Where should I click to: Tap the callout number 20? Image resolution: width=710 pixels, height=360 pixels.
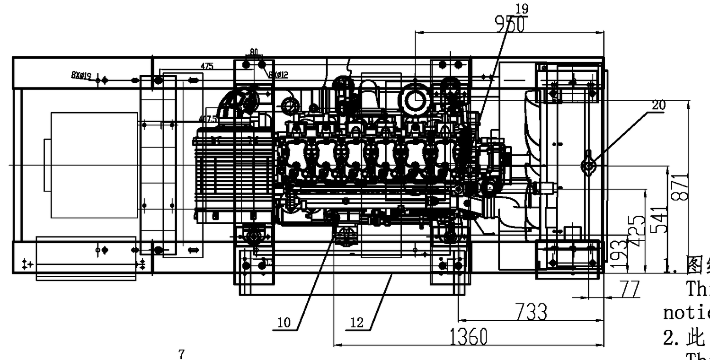[658, 105]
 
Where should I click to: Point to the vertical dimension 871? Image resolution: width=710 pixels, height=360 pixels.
[680, 187]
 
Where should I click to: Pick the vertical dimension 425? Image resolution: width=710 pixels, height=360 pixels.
[638, 231]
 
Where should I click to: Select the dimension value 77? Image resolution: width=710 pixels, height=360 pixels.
[630, 289]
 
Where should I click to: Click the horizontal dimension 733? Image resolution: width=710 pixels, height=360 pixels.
[531, 312]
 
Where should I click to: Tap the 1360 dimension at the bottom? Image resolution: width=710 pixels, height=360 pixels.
[468, 337]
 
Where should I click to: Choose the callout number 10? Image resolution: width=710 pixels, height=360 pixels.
[284, 323]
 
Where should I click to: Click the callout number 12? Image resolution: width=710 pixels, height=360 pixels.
[357, 323]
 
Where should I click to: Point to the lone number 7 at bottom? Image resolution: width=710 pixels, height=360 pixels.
[182, 354]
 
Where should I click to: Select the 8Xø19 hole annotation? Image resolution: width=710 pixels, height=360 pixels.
[81, 75]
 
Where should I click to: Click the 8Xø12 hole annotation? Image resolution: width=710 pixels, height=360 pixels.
[278, 74]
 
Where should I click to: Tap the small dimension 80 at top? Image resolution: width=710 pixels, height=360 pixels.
[254, 52]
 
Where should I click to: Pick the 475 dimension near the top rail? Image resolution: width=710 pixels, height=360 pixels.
[206, 67]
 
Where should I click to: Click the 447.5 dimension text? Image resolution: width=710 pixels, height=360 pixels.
[208, 119]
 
